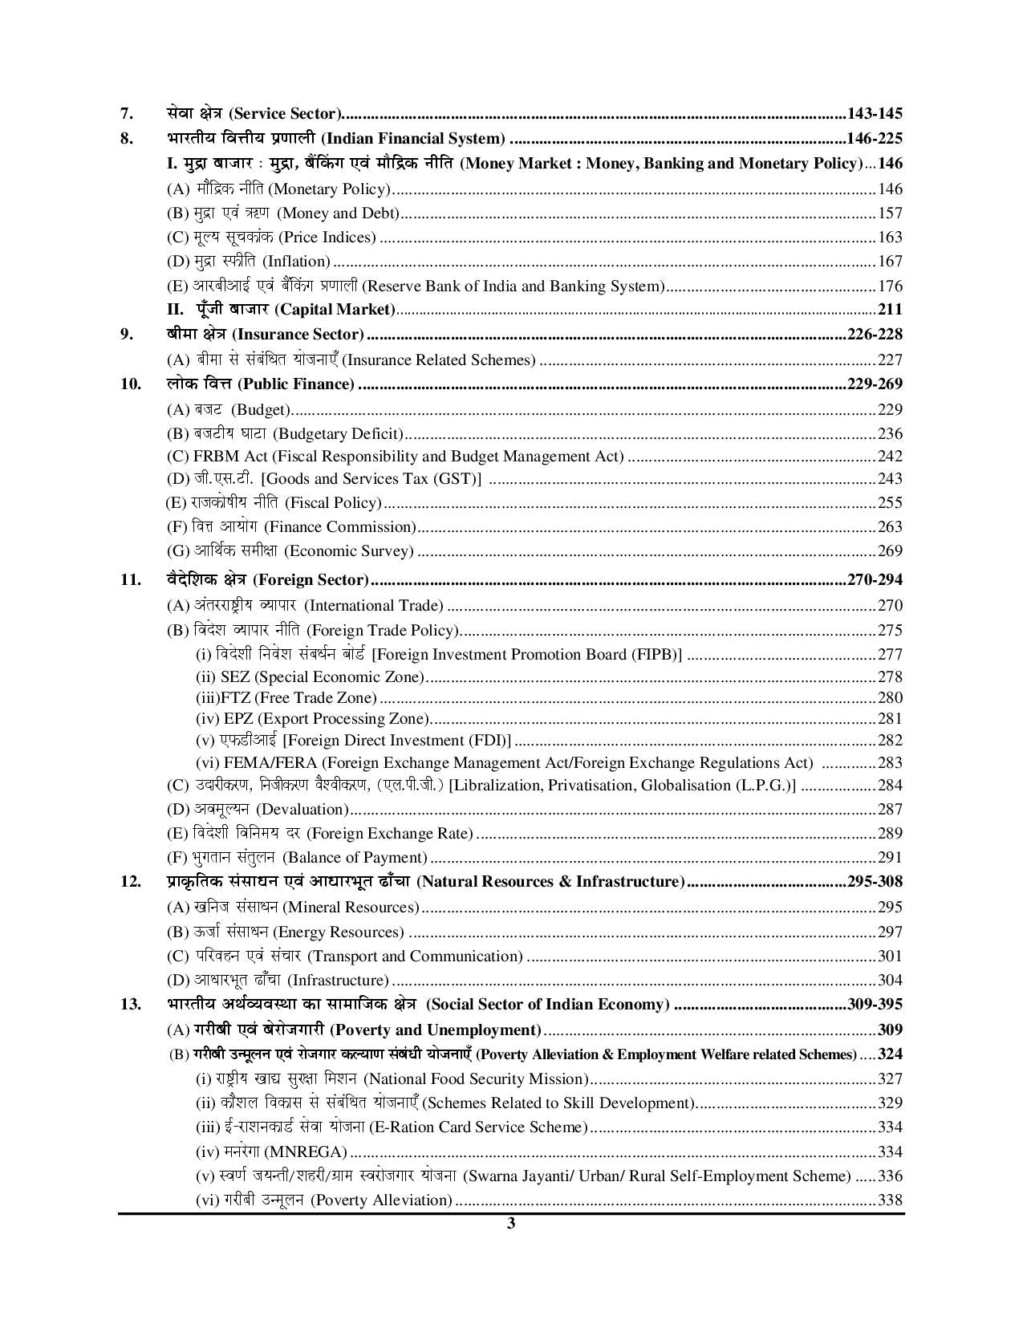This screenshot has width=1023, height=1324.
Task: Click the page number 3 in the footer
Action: click(x=510, y=1224)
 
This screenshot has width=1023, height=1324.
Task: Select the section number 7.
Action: click(x=127, y=114)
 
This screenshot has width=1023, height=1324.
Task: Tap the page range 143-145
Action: click(x=875, y=114)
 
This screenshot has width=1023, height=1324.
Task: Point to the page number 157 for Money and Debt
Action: click(x=890, y=213)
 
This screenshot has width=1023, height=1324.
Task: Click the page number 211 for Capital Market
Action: click(x=890, y=310)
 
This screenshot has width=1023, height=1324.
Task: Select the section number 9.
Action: click(x=127, y=335)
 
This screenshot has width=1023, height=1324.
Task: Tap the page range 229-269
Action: click(x=875, y=384)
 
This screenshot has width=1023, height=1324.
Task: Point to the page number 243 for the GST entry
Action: click(x=890, y=479)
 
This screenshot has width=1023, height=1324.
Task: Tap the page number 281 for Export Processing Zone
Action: click(x=890, y=719)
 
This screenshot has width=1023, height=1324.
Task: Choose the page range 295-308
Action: click(x=875, y=882)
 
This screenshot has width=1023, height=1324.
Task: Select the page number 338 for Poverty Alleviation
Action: click(x=890, y=1200)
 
